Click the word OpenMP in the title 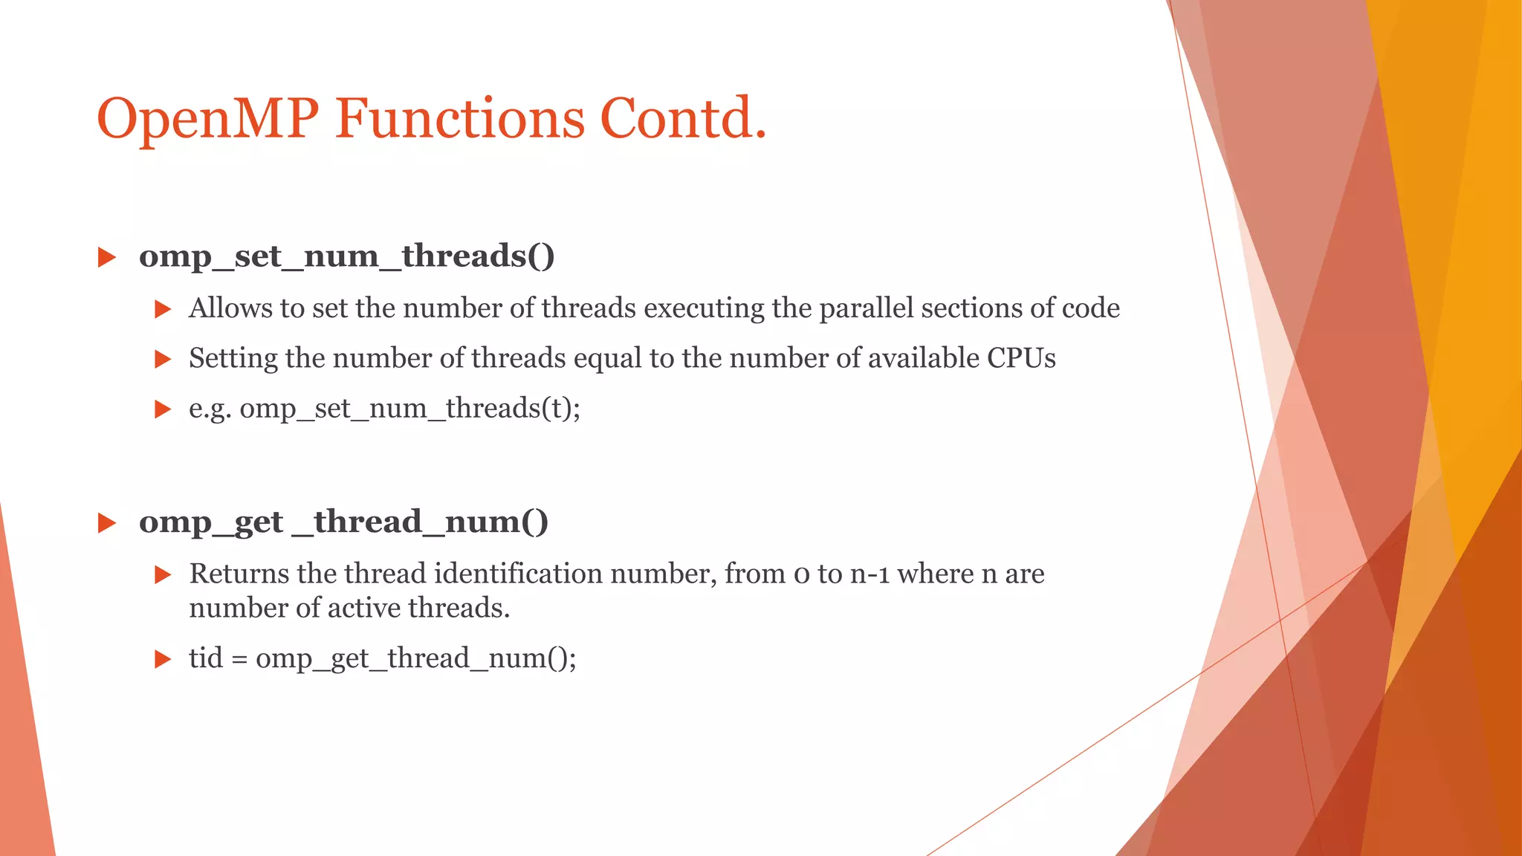(x=208, y=119)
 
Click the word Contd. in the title (x=682, y=119)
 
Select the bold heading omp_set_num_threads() (x=346, y=256)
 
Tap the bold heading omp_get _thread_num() (x=343, y=522)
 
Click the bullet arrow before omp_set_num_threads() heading (x=107, y=258)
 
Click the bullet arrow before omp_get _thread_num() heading (x=107, y=523)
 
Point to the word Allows (x=230, y=308)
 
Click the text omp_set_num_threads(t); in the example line (x=409, y=409)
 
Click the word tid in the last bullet (x=205, y=658)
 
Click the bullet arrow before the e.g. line (x=163, y=409)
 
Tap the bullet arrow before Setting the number (x=163, y=360)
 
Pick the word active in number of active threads (x=363, y=609)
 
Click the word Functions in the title (x=459, y=119)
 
